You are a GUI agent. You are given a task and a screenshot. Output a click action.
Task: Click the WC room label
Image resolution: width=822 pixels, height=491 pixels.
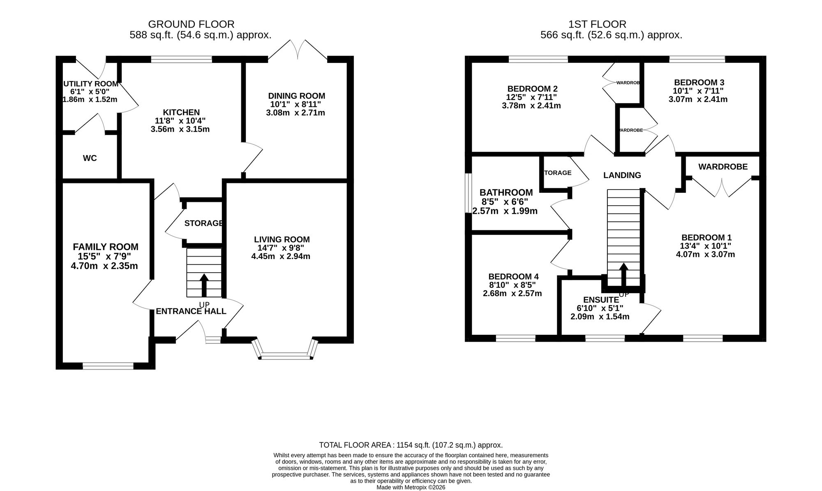coord(90,158)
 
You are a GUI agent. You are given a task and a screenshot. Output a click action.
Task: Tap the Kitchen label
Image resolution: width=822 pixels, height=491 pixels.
coord(181,112)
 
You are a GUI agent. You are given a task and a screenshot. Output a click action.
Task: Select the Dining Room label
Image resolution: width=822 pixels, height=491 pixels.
coord(296,96)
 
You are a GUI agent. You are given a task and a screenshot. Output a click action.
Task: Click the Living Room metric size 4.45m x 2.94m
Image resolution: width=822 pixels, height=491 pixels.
coord(281,257)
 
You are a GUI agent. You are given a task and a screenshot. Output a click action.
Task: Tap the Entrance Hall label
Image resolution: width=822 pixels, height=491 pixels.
coord(191,311)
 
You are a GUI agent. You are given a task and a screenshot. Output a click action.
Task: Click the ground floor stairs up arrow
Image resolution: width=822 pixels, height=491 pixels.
coord(204,285)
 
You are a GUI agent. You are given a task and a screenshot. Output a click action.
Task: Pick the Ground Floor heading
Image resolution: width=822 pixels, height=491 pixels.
coord(191,25)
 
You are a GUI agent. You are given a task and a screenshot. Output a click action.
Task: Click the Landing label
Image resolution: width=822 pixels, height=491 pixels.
coord(622,175)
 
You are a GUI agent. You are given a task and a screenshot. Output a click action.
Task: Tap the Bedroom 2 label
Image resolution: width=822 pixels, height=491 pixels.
coord(533,89)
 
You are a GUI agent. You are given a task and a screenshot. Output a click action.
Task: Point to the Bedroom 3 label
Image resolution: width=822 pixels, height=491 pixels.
coord(698,82)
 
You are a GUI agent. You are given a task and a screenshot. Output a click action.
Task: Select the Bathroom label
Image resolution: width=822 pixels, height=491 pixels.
coord(506,192)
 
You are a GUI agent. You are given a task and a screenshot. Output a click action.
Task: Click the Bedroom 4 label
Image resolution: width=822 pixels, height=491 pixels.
coord(514,277)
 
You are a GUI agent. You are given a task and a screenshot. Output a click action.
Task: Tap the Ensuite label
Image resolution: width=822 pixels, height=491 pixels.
coord(601,300)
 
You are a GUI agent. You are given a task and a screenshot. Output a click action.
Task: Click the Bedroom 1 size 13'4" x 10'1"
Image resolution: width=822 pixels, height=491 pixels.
coord(706,246)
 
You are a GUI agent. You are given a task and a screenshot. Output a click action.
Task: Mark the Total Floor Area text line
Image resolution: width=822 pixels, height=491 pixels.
coord(411,445)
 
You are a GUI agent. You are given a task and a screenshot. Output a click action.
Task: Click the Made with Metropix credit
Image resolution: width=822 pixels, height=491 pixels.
coord(411,487)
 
